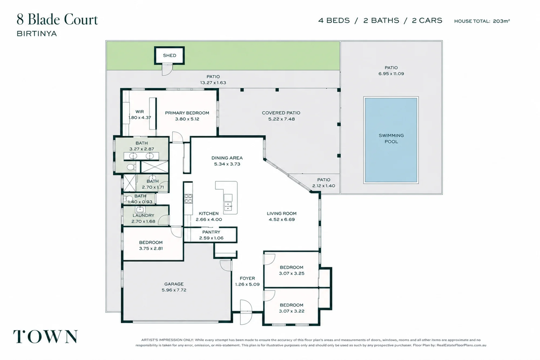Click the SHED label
(170, 55)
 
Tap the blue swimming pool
(391, 140)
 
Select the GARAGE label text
(174, 284)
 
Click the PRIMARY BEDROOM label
(187, 113)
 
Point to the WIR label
(140, 112)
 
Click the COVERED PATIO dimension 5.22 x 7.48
(281, 119)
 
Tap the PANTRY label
(211, 232)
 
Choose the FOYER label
(247, 278)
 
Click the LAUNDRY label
(143, 215)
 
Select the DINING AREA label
(227, 158)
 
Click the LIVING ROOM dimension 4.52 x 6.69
(282, 220)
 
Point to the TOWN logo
(45, 337)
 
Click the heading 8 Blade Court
(57, 19)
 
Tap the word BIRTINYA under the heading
(37, 33)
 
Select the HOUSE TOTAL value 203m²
(501, 21)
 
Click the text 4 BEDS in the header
(334, 21)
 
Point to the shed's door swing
(167, 70)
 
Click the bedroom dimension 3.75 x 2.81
(151, 248)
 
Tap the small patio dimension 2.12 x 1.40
(324, 186)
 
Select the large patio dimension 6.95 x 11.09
(391, 74)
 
